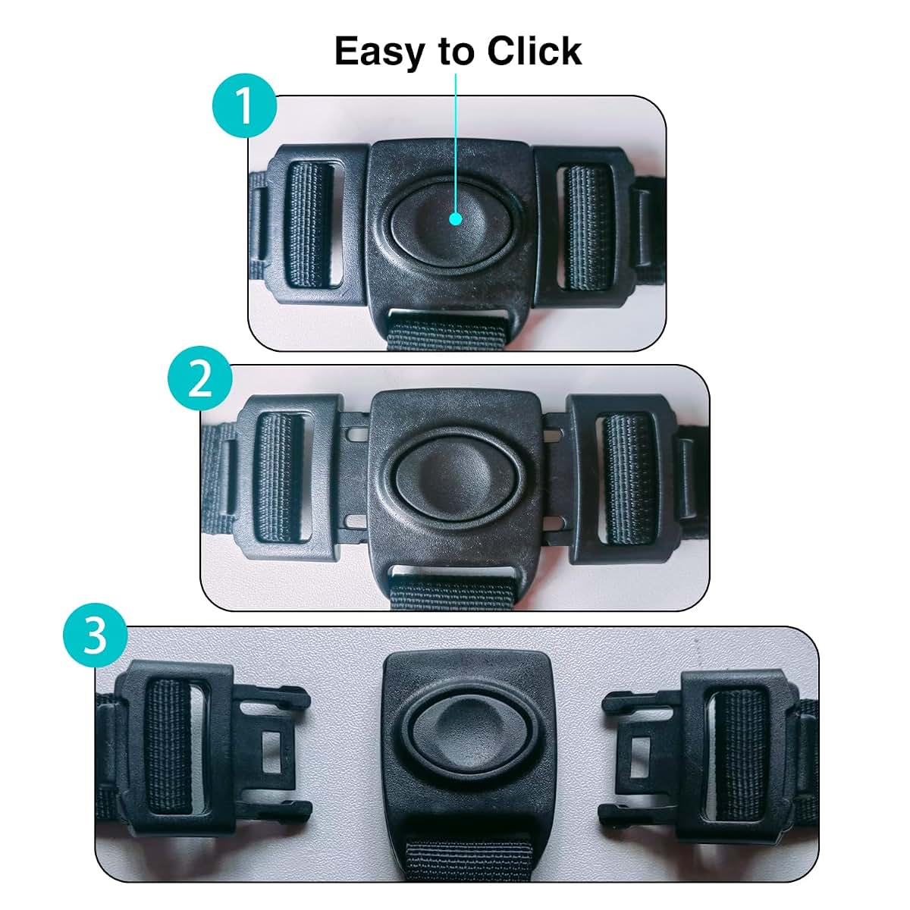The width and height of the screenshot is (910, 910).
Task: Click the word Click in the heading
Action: [534, 50]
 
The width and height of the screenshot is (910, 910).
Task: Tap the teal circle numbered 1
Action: [244, 105]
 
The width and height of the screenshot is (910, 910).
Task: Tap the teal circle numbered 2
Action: [199, 378]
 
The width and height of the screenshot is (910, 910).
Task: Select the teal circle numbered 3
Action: [96, 635]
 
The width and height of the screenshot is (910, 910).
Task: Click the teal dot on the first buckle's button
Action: [455, 218]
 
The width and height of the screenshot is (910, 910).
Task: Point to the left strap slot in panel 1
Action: [312, 225]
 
